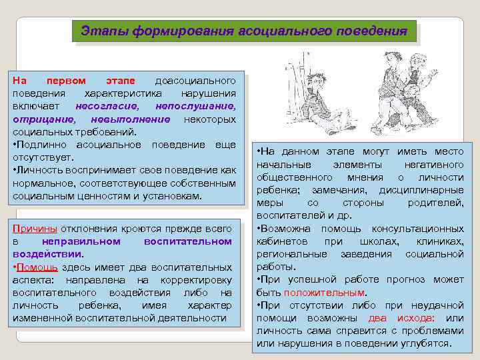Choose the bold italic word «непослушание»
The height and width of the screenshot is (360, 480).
tap(195, 106)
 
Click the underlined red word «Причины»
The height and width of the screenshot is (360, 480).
tap(35, 229)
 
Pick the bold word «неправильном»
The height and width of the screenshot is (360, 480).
tap(81, 241)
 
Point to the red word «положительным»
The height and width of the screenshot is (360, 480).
tap(324, 293)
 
